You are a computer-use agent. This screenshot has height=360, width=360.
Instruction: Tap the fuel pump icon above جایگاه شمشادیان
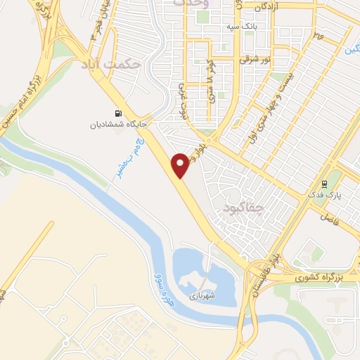coord(117,113)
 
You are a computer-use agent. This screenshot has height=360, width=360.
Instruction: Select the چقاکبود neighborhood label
coord(243,208)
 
